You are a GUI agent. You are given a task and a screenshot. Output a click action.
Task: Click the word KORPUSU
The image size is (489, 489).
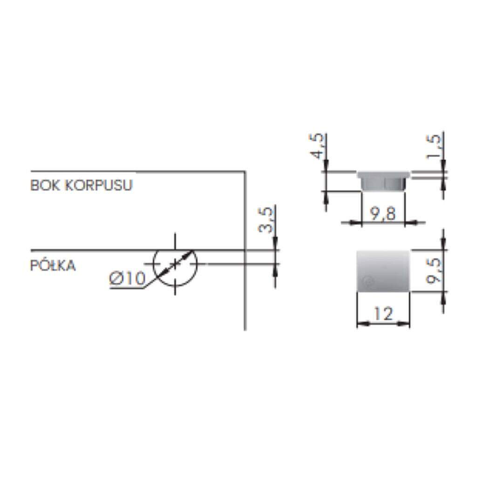[99, 185]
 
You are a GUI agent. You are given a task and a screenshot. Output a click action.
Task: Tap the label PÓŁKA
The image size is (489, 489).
[53, 265]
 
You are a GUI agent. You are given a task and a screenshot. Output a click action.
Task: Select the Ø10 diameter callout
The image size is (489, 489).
[127, 278]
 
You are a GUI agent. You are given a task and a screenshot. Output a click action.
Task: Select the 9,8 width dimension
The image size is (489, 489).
[383, 214]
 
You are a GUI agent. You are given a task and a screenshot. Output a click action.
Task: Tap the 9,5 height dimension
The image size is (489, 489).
[434, 271]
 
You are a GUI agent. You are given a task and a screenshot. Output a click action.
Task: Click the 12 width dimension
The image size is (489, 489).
[383, 313]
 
